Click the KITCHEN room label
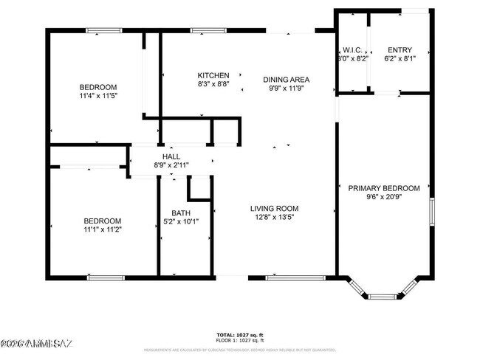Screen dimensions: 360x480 tap(213, 75)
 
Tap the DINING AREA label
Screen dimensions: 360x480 tap(287, 79)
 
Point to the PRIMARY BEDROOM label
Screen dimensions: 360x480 tap(384, 188)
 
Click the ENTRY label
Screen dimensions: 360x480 tap(399, 49)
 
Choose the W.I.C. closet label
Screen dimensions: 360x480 tap(351, 49)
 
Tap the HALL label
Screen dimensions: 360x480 tap(171, 156)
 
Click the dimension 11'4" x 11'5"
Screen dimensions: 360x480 tap(97, 96)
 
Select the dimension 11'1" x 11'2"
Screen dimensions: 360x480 tap(102, 229)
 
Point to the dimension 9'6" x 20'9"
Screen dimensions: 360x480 tap(384, 197)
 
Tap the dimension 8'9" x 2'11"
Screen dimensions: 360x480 tap(171, 165)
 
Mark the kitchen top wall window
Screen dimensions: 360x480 tap(202, 30)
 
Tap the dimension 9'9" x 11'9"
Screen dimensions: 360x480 tap(287, 88)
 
